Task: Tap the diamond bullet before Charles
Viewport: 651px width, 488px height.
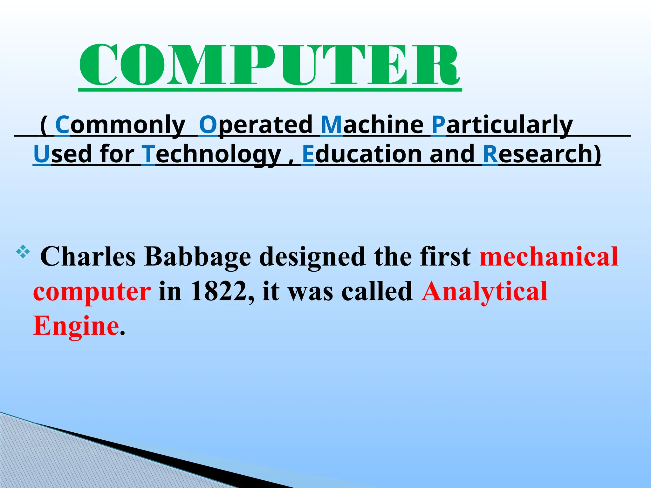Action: point(23,252)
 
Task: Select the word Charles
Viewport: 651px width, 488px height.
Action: point(88,257)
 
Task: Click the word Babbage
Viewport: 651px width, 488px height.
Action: point(197,257)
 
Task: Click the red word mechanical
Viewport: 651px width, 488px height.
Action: point(549,257)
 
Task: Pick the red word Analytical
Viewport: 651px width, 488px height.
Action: point(484,291)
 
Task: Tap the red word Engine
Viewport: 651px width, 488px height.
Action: point(76,326)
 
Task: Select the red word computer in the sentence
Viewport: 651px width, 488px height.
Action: point(92,291)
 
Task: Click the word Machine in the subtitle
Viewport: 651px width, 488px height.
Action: point(372,125)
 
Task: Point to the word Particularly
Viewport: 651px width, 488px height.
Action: point(502,125)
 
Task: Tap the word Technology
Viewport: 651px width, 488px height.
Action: point(212,154)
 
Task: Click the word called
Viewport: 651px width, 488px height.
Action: point(377,291)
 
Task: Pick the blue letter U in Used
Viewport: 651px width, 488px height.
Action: point(42,154)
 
